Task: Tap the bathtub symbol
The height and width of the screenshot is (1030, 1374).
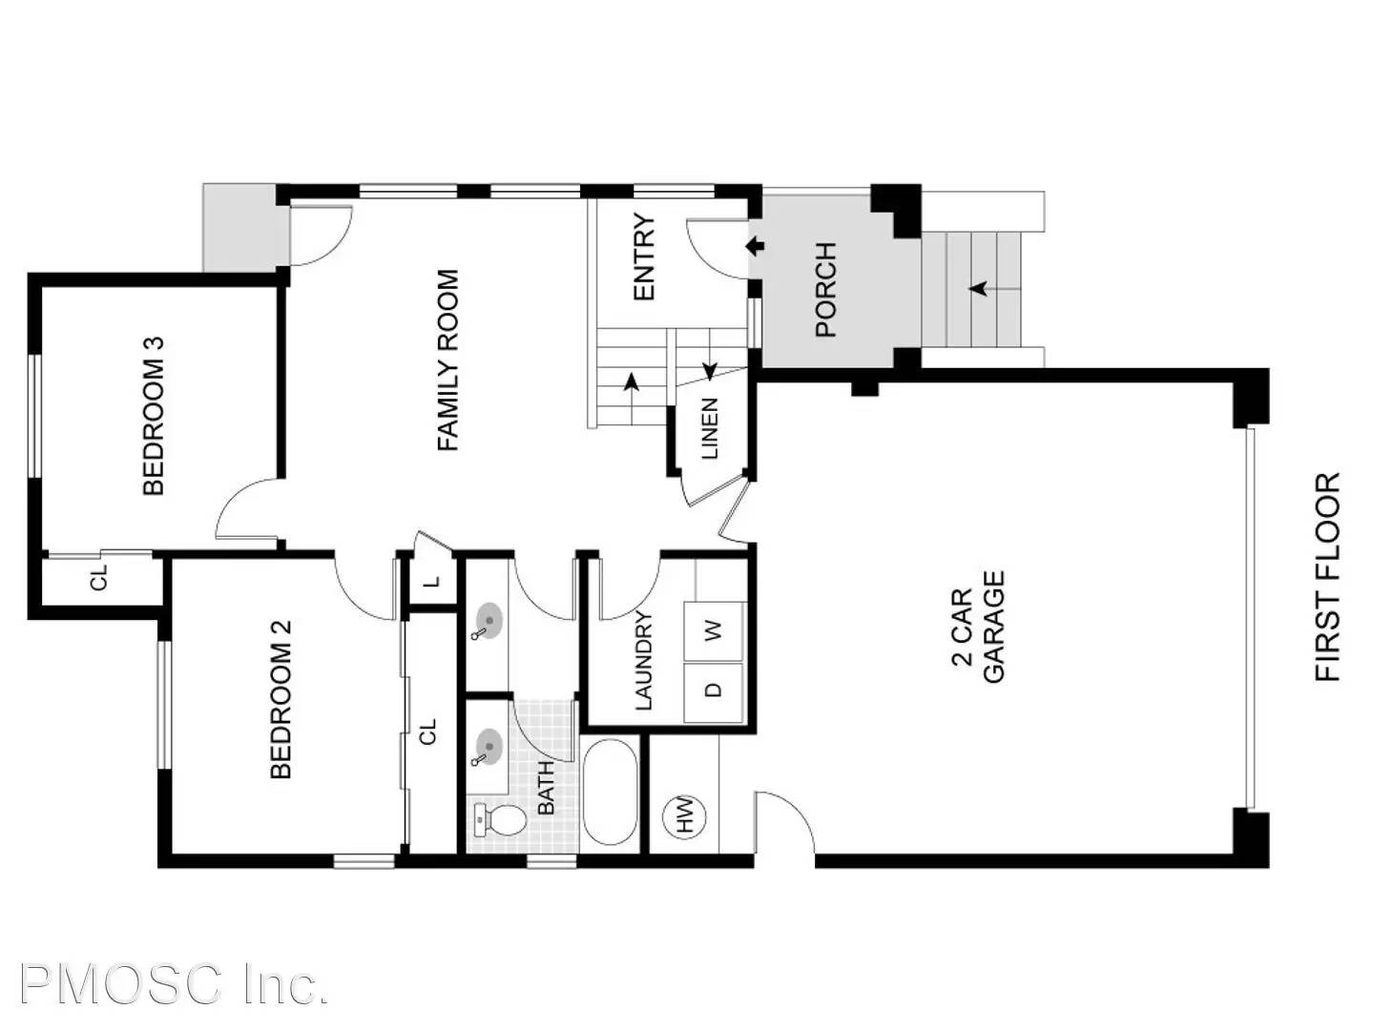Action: [610, 792]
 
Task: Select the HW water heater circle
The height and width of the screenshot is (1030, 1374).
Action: [684, 816]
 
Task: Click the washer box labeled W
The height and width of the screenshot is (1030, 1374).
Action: [714, 630]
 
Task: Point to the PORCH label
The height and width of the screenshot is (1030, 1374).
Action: [825, 289]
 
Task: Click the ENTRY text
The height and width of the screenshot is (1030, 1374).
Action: [644, 257]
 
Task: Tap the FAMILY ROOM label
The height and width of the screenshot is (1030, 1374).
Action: [448, 360]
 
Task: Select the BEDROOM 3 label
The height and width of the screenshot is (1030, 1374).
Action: [154, 415]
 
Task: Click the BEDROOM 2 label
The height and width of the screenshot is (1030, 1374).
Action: [281, 698]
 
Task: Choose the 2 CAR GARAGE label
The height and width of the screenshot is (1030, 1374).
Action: [979, 628]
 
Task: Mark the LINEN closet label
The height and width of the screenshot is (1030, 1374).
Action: [709, 429]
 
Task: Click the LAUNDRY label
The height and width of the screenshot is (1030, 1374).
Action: [644, 661]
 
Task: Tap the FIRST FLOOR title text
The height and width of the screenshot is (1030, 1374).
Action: [1327, 577]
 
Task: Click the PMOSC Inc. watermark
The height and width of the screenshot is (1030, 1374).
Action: [174, 984]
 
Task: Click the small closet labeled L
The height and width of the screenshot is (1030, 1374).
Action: [431, 581]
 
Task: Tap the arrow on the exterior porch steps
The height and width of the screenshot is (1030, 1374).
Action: [978, 287]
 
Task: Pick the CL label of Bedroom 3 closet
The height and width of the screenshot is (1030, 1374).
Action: [99, 578]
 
